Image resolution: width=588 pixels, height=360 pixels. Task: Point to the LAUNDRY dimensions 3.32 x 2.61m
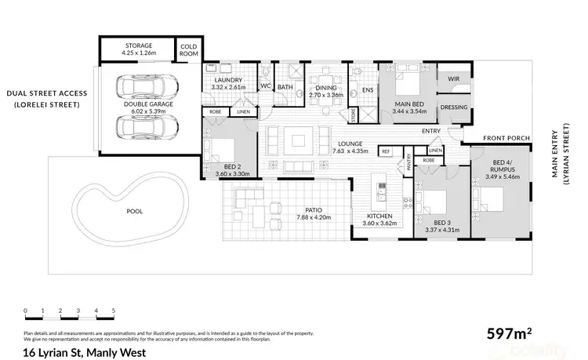point(228,87)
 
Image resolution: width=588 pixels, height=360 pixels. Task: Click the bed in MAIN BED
point(407,81)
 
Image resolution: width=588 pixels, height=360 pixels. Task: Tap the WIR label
point(453,79)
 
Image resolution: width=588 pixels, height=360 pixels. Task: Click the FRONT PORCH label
point(507,138)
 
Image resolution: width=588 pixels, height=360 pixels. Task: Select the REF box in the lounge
point(386,151)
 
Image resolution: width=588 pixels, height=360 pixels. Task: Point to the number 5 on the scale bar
point(114,311)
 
